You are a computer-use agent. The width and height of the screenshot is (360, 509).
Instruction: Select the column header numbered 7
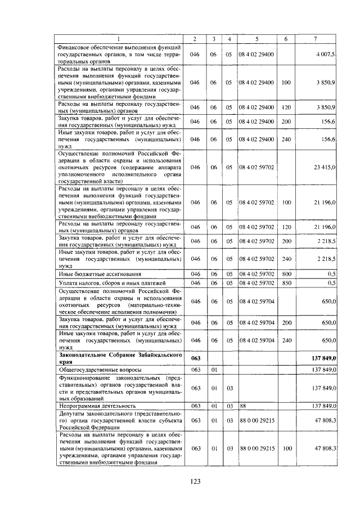click(x=315, y=38)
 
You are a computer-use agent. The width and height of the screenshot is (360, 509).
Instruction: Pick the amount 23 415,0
click(x=325, y=167)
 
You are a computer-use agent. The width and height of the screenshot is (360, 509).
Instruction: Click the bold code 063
click(x=195, y=358)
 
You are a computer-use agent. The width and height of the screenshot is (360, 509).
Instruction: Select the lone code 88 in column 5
click(x=244, y=405)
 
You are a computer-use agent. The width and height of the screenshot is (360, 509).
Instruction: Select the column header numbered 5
click(x=256, y=38)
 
